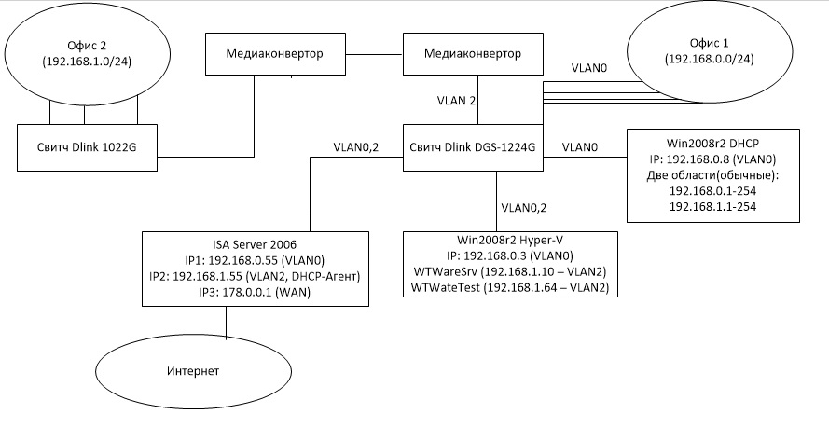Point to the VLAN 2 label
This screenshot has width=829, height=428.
pos(457,99)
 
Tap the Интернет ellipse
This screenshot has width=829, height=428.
pos(195,371)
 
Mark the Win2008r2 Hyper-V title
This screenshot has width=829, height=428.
pos(510,239)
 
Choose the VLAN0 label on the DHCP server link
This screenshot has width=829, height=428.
pos(580,146)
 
